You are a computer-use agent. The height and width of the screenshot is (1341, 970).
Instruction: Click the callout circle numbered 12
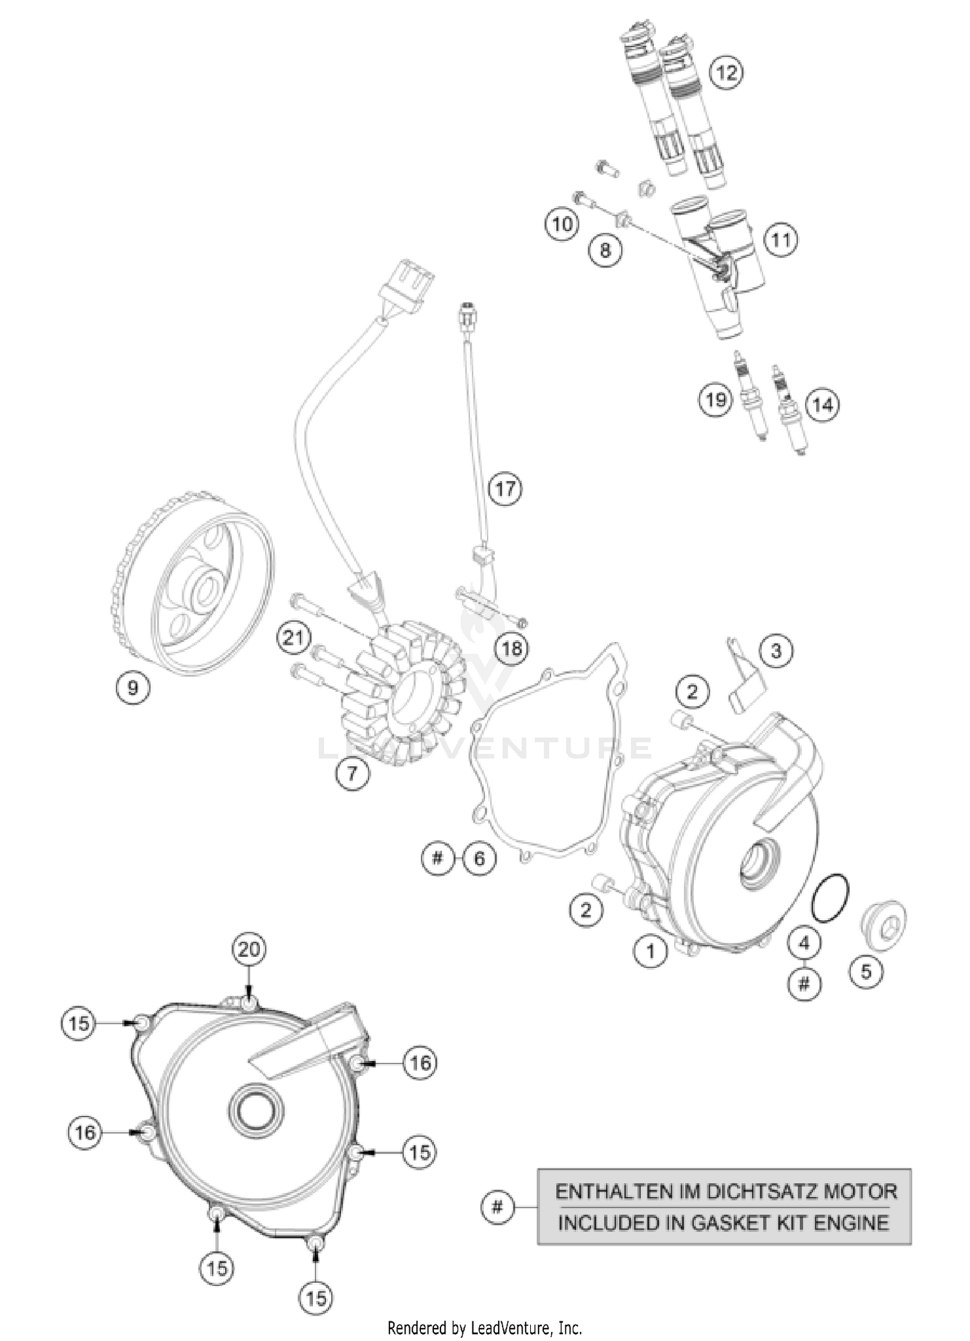pos(727,72)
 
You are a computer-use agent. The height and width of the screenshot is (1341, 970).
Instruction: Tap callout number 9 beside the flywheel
pos(133,687)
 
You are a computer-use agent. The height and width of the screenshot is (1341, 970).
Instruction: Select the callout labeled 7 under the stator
pos(352,773)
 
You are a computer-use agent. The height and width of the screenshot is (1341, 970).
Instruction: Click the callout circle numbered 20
pos(250,949)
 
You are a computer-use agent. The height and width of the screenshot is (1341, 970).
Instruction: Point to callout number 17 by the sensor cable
pos(505,488)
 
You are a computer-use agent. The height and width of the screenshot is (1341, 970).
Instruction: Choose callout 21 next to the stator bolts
pos(294,638)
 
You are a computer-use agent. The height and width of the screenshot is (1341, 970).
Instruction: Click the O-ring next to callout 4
pos(831,898)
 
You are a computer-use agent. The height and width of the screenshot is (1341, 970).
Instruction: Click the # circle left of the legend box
pos(497,1207)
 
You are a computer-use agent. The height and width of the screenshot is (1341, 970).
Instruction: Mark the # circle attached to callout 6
pos(438,859)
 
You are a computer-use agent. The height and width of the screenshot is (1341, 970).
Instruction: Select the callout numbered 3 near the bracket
pos(776,650)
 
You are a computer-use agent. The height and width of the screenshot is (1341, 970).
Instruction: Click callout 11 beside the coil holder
pos(781,241)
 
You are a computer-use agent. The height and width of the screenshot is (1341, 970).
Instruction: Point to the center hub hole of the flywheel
pos(208,589)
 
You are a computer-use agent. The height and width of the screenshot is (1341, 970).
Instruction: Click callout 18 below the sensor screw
pos(512,648)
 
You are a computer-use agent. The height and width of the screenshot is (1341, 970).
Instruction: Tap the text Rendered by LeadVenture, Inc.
pos(484,1328)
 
